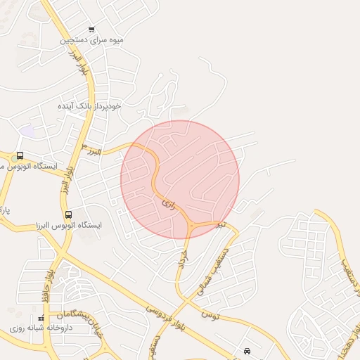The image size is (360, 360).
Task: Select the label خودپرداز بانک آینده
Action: point(90,105)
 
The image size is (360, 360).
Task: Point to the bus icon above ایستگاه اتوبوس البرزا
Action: point(68,214)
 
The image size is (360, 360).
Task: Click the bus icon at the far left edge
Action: point(20,156)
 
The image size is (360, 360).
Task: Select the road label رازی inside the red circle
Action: point(167,202)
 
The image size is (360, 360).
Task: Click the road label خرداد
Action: point(184,257)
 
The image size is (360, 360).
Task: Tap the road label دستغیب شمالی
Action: point(224,257)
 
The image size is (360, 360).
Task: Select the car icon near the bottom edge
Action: point(247,350)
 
